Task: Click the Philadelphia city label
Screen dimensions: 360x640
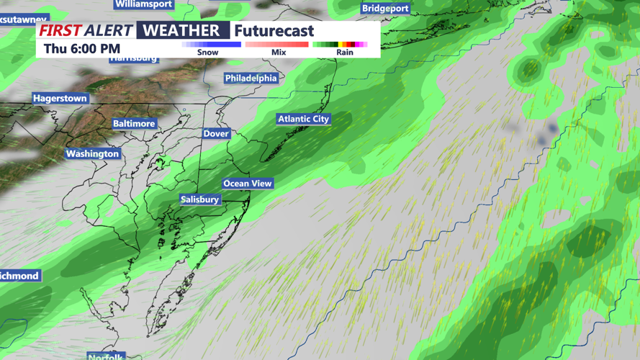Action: tap(251, 78)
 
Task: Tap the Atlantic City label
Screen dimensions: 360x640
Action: tap(303, 119)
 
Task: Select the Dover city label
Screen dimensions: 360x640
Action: tap(216, 133)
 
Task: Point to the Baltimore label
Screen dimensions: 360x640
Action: tap(134, 124)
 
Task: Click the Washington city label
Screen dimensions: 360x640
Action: tap(92, 153)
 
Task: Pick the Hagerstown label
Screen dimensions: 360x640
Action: tap(60, 98)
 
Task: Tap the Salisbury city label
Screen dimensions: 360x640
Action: tap(199, 199)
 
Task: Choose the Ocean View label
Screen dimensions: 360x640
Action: tap(247, 184)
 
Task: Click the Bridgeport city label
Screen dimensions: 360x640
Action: tap(385, 9)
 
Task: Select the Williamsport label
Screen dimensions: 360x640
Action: tap(144, 4)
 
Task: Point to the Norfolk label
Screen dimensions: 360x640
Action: tap(106, 356)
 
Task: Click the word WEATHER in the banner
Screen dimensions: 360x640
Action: tap(181, 30)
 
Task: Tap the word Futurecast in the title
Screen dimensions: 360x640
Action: tap(274, 31)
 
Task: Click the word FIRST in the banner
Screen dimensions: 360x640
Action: tap(60, 31)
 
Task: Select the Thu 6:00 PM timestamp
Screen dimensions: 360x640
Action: tap(81, 49)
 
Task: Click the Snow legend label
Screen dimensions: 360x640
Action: tap(207, 53)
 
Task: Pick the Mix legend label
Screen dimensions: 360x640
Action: tap(279, 53)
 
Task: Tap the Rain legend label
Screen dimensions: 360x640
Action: tap(344, 53)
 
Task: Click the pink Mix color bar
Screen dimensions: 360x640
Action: tap(277, 45)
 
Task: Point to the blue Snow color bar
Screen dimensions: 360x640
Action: tap(212, 45)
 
